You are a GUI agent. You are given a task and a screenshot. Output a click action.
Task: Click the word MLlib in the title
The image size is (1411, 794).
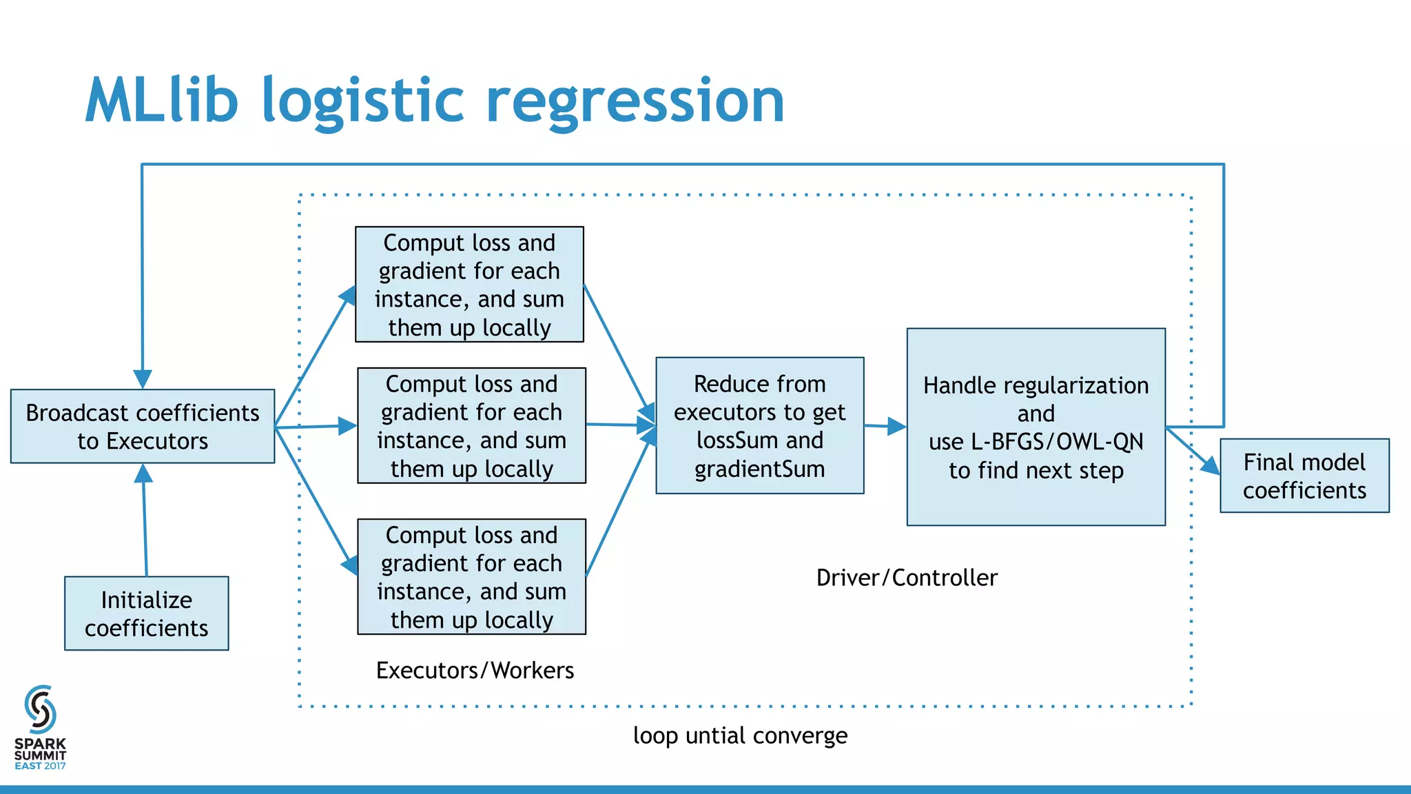point(162,101)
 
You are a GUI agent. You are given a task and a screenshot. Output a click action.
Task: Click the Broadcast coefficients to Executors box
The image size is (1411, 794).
point(143,426)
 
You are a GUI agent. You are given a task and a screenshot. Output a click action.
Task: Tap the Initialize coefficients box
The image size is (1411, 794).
point(146,613)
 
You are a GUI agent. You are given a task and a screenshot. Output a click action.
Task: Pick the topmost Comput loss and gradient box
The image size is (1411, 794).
point(469,284)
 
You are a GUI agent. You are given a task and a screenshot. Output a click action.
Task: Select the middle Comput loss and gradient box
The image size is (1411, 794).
point(471,425)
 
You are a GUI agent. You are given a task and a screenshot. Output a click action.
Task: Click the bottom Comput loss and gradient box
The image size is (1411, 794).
point(471,576)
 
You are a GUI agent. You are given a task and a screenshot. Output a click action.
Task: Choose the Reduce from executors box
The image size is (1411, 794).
point(759,425)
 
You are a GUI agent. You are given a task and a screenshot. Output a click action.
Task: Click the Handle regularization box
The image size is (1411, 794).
point(1036,427)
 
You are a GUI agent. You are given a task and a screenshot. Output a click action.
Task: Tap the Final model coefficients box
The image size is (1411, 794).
point(1304,476)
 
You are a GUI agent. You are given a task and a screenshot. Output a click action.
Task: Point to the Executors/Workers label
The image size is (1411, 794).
point(475,670)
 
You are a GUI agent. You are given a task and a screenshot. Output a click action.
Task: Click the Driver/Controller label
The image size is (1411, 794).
point(907,578)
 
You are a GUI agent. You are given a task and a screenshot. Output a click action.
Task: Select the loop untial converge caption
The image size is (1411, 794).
point(740,735)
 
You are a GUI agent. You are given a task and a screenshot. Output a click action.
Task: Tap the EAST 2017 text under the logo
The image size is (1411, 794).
point(40,766)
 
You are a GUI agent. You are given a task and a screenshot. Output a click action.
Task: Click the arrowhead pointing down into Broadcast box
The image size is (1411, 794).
point(143,379)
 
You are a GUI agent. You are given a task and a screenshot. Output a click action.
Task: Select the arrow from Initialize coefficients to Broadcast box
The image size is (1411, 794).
point(145,524)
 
